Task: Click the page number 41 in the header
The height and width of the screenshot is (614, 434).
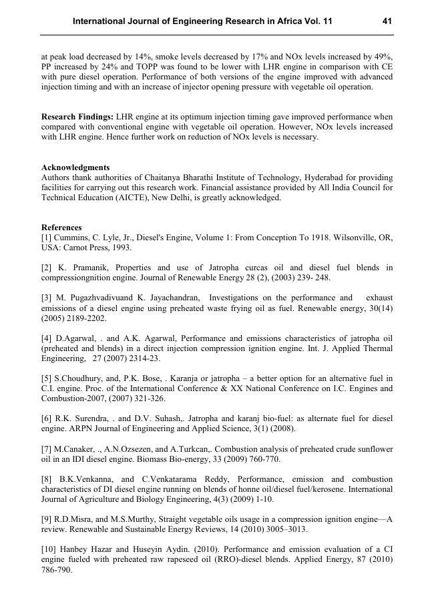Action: (387, 21)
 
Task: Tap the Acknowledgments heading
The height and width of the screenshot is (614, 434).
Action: (75, 168)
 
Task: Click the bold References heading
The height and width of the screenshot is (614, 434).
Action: (61, 228)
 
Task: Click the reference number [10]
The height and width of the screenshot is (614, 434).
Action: (49, 548)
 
